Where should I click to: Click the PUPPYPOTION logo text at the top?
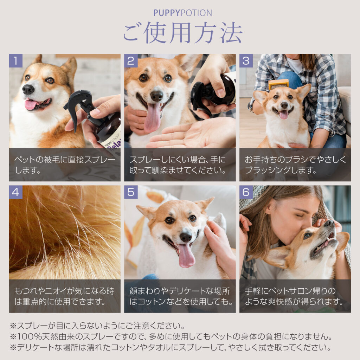tap(182, 13)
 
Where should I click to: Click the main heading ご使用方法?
tap(183, 33)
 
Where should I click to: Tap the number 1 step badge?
tap(15, 60)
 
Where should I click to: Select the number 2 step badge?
tap(131, 60)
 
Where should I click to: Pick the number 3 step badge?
tap(246, 60)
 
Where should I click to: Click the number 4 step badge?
tap(15, 192)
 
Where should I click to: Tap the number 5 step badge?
tap(131, 192)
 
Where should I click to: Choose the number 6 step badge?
tap(246, 192)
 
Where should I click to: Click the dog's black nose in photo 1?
tap(28, 89)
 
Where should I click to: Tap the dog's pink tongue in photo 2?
tap(152, 117)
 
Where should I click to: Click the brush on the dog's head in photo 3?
tap(278, 84)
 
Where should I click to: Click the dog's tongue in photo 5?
tap(186, 255)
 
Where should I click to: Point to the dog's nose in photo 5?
tap(186, 237)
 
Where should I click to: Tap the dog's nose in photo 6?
tap(330, 223)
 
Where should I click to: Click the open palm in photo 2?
tap(193, 134)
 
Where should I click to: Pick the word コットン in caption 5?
tap(152, 301)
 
